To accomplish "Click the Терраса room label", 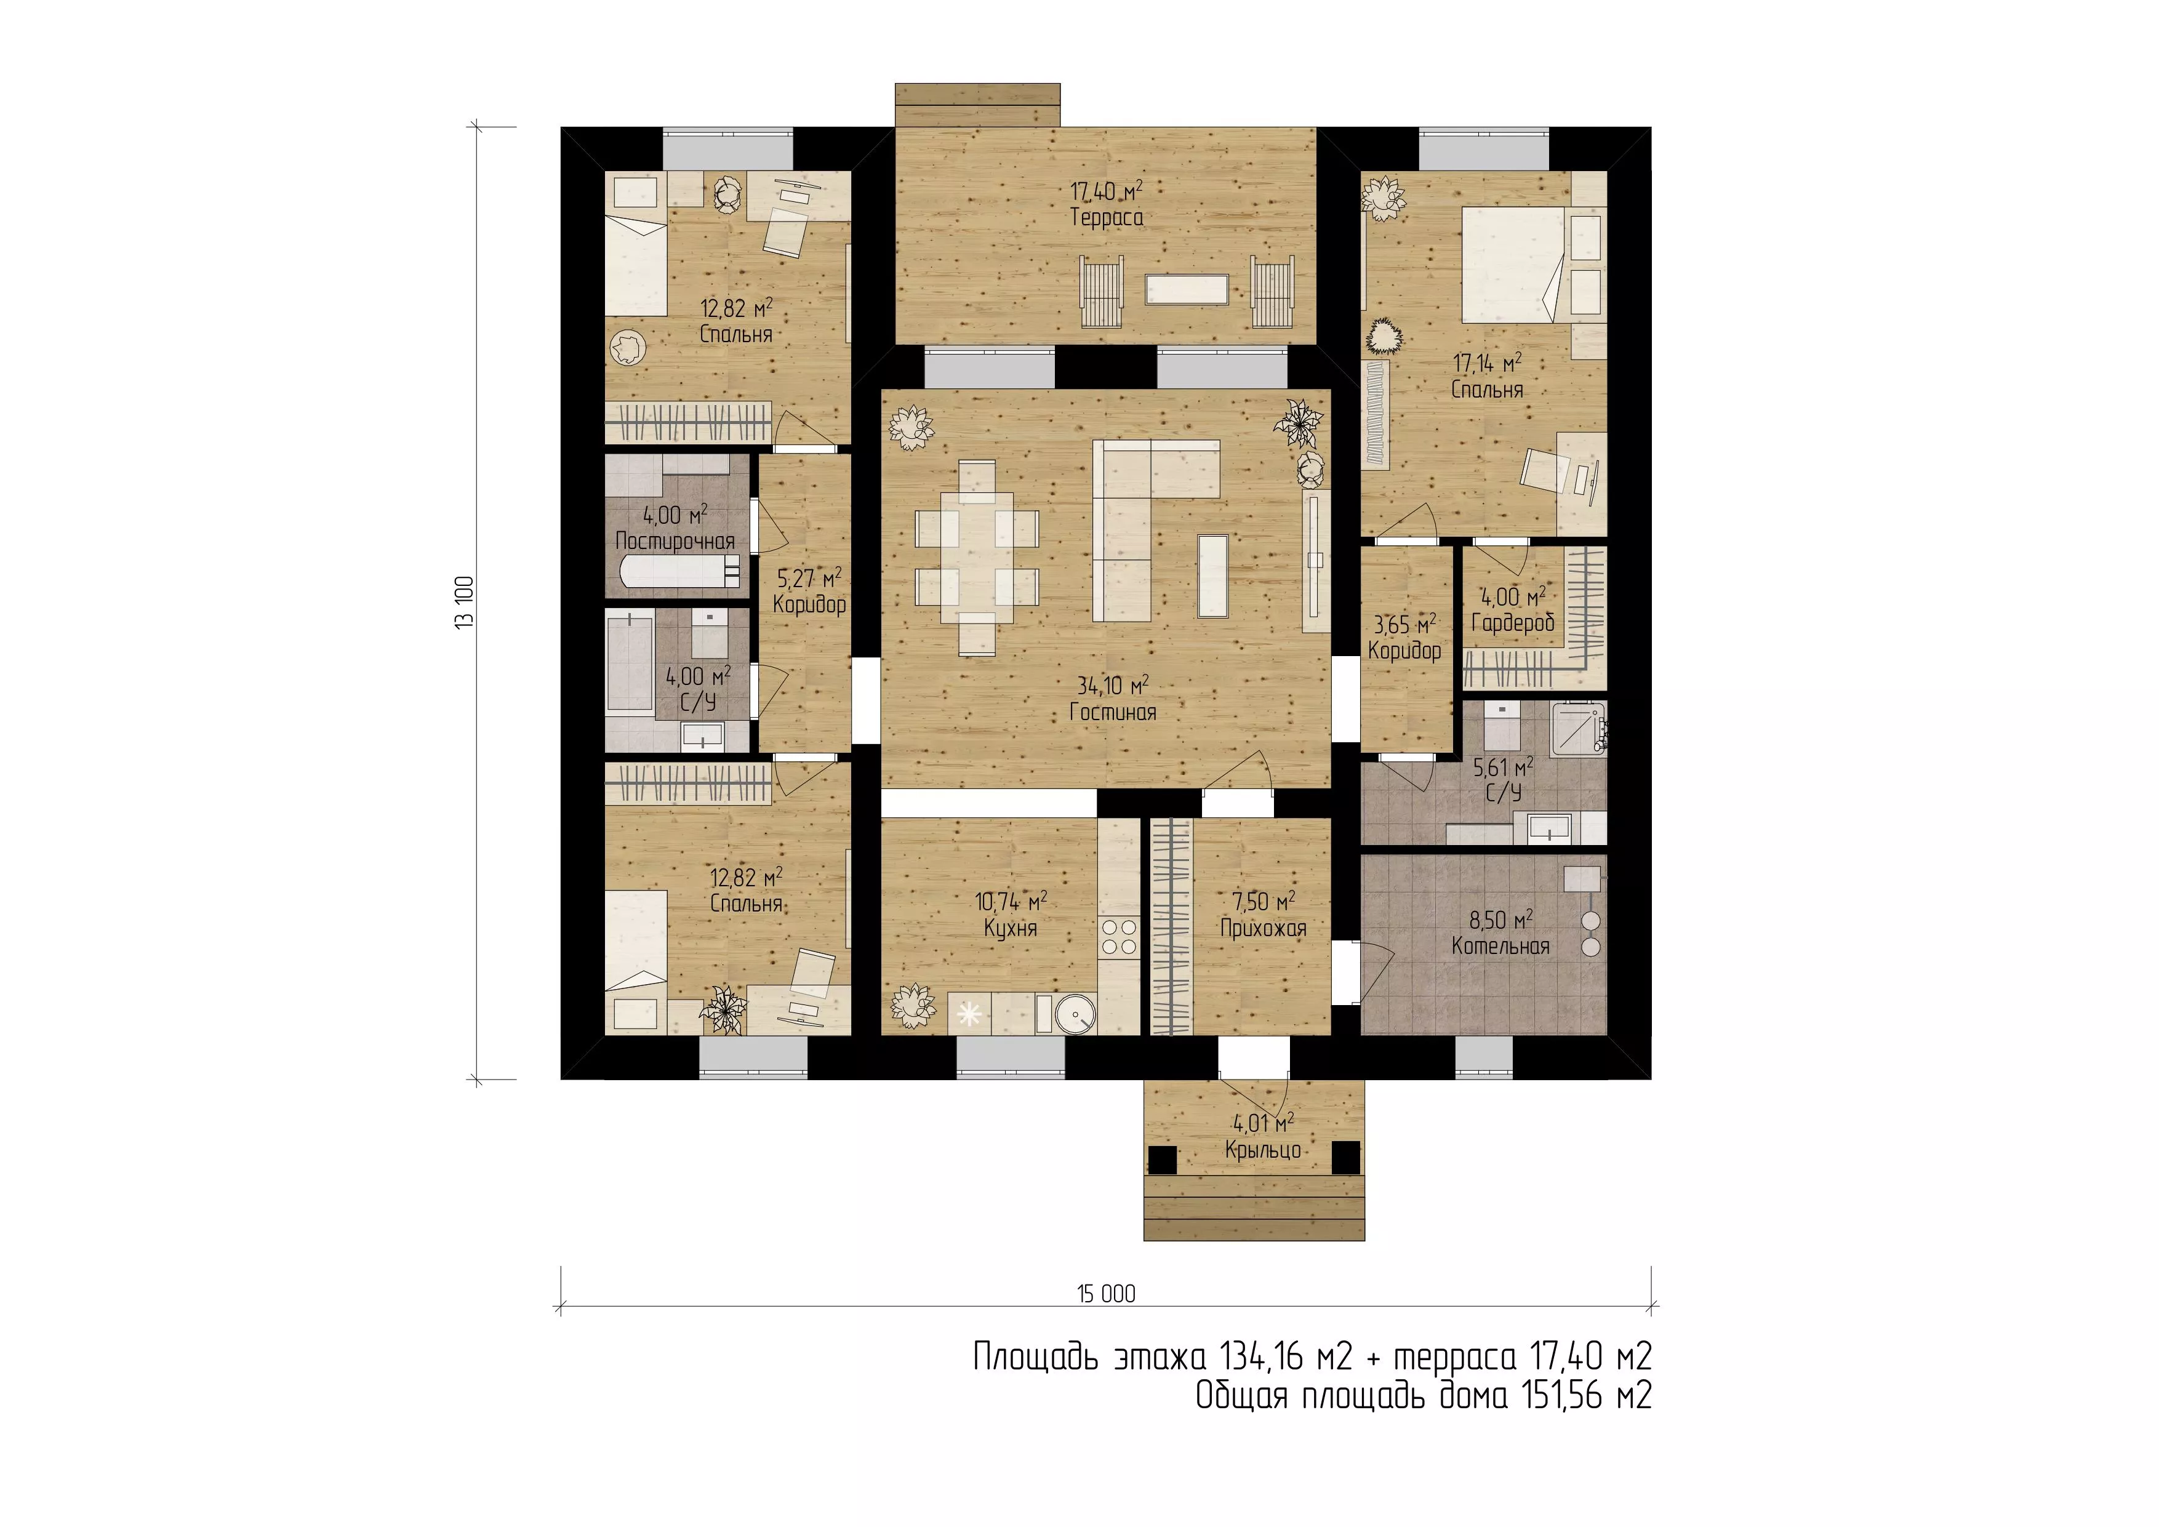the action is [1107, 218].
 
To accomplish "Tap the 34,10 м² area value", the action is [1112, 686].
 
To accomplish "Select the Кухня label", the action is [1010, 929].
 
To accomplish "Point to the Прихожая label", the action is [1263, 929].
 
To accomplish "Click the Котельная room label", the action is [1500, 946].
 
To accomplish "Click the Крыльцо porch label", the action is [1262, 1150].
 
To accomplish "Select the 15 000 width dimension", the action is [1106, 1294].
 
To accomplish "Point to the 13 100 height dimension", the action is [465, 602].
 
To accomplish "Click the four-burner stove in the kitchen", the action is [1119, 937].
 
